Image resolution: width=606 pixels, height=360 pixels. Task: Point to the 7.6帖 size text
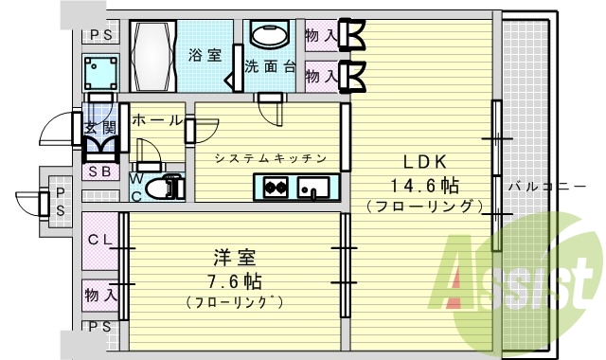(233, 281)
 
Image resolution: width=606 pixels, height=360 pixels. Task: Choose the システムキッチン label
(270, 158)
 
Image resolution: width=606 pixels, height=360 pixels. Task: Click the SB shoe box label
(98, 172)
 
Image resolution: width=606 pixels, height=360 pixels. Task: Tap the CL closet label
(99, 239)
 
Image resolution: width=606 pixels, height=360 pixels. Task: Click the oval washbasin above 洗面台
(270, 35)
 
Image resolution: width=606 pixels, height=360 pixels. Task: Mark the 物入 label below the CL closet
(99, 294)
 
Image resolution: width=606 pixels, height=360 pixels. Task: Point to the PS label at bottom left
(98, 327)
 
